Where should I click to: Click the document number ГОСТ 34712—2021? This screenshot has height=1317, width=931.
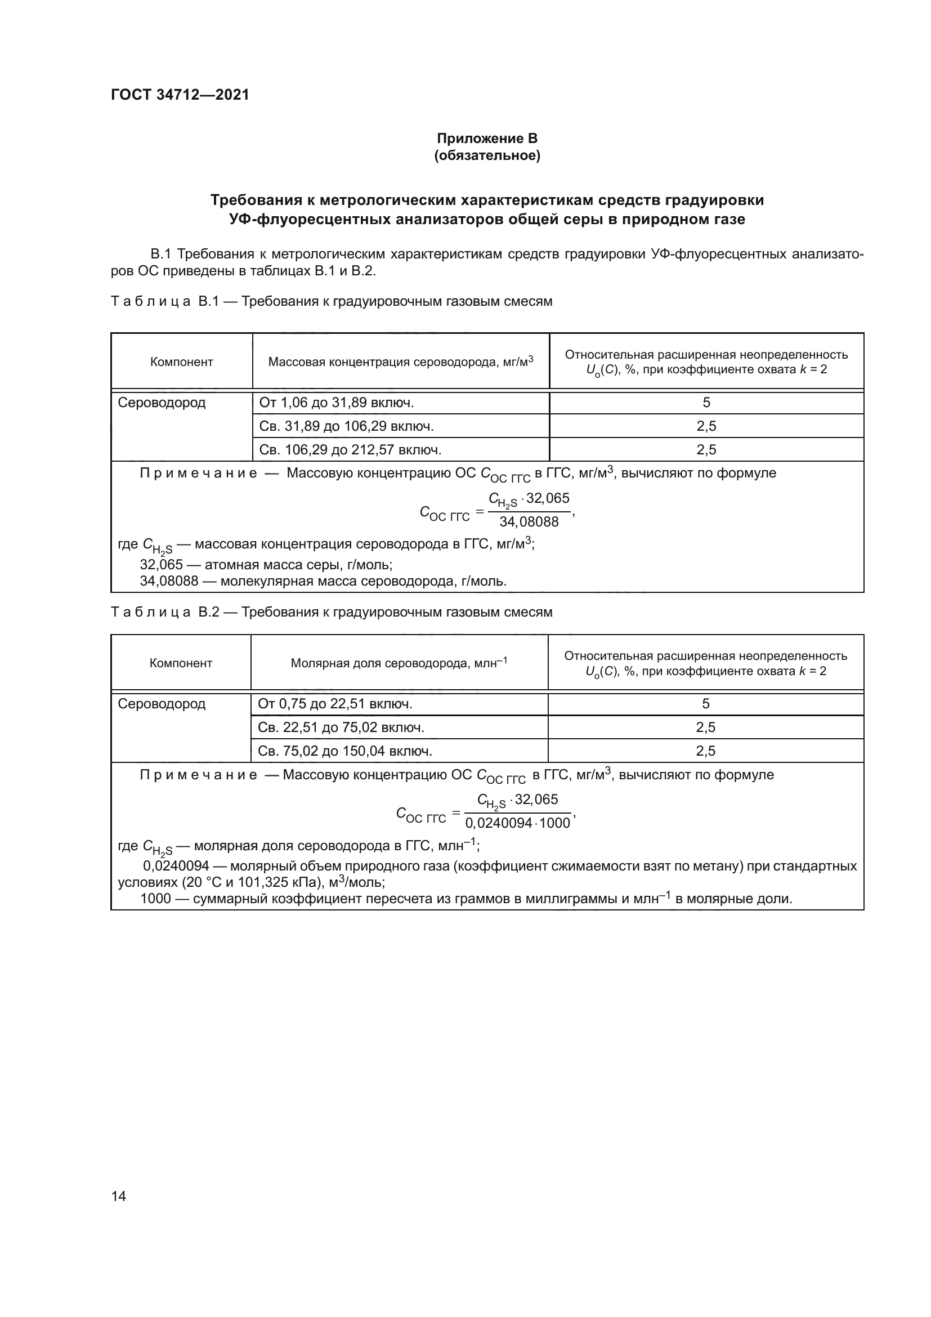pos(180,95)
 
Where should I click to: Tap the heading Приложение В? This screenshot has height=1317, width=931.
pos(487,139)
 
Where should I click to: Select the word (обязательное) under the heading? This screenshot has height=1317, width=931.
pos(487,155)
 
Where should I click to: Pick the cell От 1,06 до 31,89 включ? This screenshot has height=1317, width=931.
pos(337,403)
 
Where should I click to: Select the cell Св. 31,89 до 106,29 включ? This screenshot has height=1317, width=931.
pos(346,426)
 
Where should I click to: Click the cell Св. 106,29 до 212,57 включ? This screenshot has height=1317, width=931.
pos(350,450)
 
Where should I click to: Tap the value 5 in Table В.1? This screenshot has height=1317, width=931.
pos(706,403)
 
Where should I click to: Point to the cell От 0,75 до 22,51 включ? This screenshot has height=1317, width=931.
pos(335,704)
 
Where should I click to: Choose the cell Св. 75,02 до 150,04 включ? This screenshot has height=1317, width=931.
pos(344,751)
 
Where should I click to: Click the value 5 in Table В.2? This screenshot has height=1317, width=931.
pos(705,704)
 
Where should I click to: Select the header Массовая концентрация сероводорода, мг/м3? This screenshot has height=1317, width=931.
pos(400,362)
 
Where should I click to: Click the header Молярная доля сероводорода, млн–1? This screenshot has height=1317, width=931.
pos(399,663)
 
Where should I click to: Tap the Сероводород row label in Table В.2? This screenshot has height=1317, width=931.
pos(161,704)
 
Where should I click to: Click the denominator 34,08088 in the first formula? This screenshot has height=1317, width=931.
pos(529,522)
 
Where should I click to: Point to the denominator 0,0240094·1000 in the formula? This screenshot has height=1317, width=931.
pos(517,824)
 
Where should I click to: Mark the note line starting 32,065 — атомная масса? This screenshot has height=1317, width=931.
pos(266,564)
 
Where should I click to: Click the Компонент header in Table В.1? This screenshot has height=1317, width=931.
pos(181,362)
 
